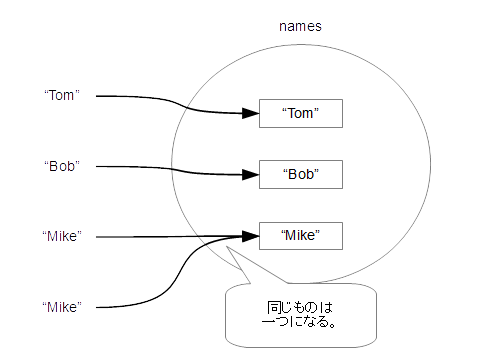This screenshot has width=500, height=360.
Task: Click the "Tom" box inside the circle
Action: coord(300,113)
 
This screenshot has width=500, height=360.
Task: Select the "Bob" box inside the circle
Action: coord(300,174)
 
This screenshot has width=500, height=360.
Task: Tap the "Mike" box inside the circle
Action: coord(300,236)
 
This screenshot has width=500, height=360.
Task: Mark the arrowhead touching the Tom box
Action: coord(251,113)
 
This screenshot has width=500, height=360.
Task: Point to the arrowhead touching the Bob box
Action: coord(251,174)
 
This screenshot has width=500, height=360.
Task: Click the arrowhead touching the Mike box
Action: coord(251,236)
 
